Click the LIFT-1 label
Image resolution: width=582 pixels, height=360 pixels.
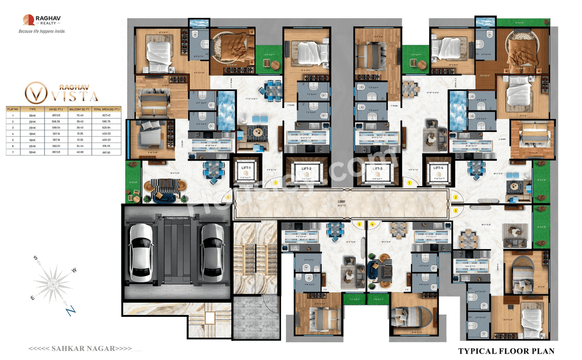tap(246, 168)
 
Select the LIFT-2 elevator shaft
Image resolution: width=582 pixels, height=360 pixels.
tap(306, 171)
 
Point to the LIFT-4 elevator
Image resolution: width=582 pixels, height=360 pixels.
tap(438, 170)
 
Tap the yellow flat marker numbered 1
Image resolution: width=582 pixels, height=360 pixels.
tap(409, 183)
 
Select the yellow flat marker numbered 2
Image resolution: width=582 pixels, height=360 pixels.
tap(456, 197)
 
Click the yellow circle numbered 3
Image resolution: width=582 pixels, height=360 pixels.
tap(456, 210)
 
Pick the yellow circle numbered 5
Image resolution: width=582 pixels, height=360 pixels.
tap(359, 224)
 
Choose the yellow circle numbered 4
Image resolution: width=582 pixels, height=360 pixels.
tap(372, 224)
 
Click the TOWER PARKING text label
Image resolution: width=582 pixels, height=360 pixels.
tap(177, 218)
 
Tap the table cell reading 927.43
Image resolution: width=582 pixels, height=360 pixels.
tap(106, 116)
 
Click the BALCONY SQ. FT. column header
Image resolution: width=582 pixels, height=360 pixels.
tap(80, 110)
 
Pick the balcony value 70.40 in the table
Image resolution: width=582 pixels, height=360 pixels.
tap(80, 116)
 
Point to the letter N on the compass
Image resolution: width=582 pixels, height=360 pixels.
tap(70, 310)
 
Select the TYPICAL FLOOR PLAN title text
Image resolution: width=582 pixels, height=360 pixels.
tap(506, 351)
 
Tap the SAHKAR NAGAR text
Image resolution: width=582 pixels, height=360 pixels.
tap(80, 349)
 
